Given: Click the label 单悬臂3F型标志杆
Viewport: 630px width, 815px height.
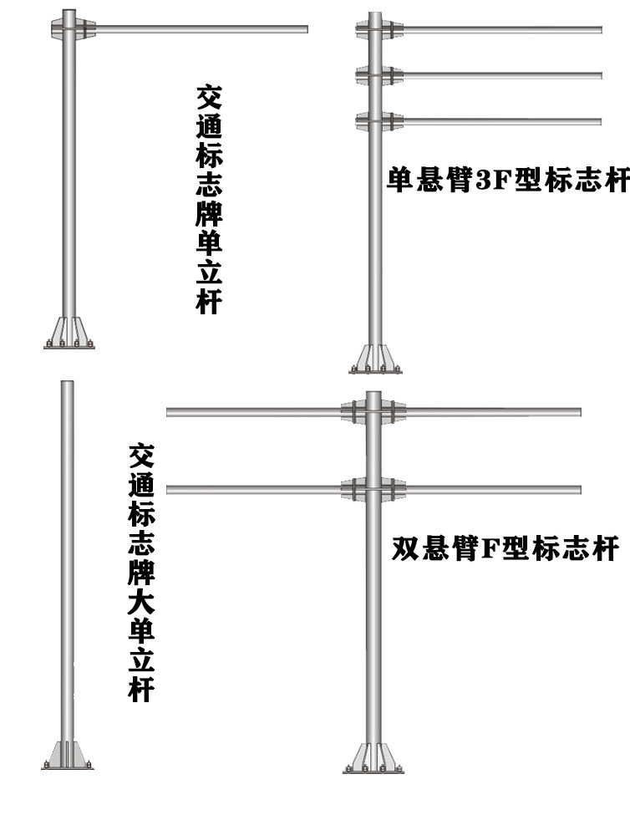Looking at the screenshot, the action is click(x=506, y=181).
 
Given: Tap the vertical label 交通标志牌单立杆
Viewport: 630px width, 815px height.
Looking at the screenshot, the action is click(x=208, y=198).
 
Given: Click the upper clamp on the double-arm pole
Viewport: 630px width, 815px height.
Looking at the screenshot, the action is click(x=373, y=412).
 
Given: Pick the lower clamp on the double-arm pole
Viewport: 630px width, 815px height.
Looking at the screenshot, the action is click(x=373, y=490).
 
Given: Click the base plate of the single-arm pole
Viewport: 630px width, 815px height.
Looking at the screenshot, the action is click(x=69, y=334).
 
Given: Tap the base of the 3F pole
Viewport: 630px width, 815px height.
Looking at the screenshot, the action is click(x=375, y=359).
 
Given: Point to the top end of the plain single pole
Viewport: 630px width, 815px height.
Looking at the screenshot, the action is click(x=68, y=384).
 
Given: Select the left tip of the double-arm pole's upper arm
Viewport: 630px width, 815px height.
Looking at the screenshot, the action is click(x=169, y=412).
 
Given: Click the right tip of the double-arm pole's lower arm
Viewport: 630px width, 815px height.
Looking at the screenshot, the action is click(x=578, y=490).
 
